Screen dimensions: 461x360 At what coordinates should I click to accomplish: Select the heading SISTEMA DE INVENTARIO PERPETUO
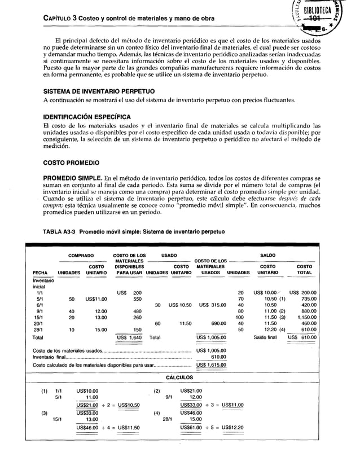[96, 91]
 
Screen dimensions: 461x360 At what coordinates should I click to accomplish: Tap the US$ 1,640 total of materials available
[129, 337]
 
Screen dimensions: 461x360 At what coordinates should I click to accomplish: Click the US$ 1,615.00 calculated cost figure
[211, 365]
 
